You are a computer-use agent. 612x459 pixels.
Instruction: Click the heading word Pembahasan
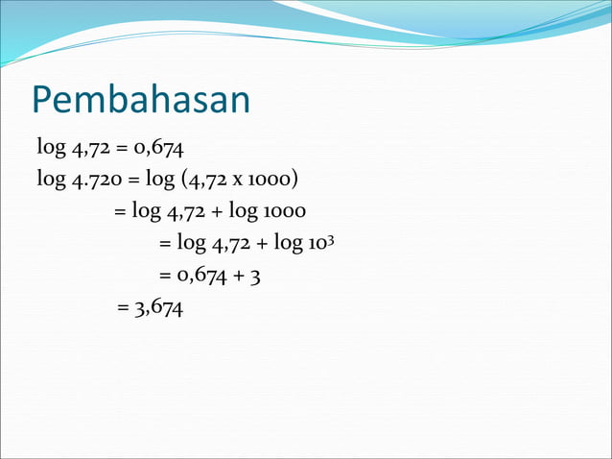click(140, 99)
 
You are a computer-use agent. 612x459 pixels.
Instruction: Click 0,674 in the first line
click(160, 148)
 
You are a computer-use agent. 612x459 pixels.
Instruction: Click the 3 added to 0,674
click(254, 276)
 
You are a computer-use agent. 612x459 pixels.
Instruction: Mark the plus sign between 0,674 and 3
click(238, 276)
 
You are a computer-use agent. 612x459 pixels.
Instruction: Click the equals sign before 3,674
click(122, 308)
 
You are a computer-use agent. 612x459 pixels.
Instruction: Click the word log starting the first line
click(51, 148)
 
